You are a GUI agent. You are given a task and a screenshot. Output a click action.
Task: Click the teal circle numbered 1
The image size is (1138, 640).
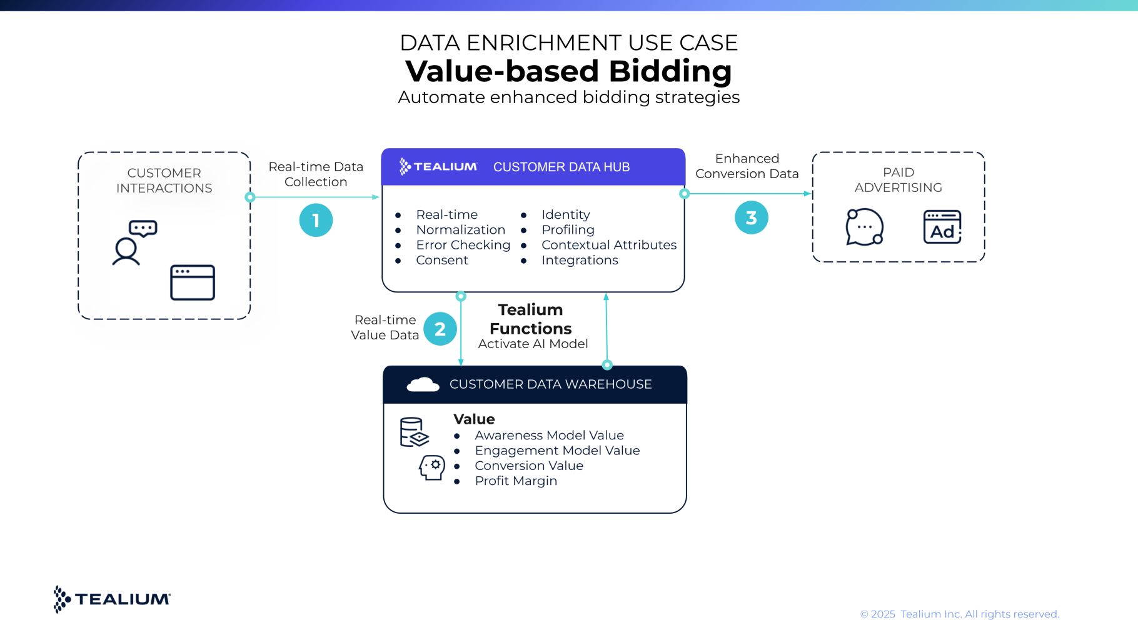click(x=316, y=220)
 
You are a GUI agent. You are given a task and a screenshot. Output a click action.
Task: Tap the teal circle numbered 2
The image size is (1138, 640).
click(x=440, y=329)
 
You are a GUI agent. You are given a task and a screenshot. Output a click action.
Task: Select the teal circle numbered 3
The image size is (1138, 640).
click(x=751, y=217)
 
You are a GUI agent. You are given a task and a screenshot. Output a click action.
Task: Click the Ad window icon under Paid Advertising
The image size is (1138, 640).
click(x=942, y=227)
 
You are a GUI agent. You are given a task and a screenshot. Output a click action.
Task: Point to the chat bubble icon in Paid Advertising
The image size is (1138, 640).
click(x=864, y=227)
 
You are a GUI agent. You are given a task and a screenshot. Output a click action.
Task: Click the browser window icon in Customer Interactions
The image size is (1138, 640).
click(x=193, y=282)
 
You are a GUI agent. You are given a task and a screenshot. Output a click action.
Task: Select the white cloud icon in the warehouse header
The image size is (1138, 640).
click(x=423, y=384)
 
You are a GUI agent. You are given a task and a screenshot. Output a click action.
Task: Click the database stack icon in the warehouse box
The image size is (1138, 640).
click(x=413, y=432)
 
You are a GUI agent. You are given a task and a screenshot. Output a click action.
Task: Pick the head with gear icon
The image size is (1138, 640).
click(x=432, y=467)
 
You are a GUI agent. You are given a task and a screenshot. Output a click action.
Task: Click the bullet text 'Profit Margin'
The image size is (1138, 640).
click(x=516, y=481)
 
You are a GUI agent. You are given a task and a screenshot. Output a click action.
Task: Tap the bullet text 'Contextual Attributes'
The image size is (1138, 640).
click(x=609, y=245)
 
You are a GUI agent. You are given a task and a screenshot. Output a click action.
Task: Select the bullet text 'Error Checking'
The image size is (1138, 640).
click(x=463, y=245)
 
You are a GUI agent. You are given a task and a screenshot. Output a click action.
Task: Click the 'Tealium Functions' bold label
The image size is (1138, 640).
click(x=531, y=319)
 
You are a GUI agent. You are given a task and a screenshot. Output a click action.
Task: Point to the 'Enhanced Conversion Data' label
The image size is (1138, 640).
click(x=747, y=166)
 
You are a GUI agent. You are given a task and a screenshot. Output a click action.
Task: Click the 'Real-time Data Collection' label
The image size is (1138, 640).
click(x=316, y=174)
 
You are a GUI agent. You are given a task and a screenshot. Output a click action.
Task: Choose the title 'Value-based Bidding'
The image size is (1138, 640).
click(x=568, y=71)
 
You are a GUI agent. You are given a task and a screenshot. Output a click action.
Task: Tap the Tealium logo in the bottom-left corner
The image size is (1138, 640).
click(x=113, y=599)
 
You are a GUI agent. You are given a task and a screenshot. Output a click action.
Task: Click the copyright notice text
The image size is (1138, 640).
click(x=959, y=614)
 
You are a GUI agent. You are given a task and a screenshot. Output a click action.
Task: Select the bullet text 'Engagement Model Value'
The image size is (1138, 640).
click(x=557, y=451)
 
